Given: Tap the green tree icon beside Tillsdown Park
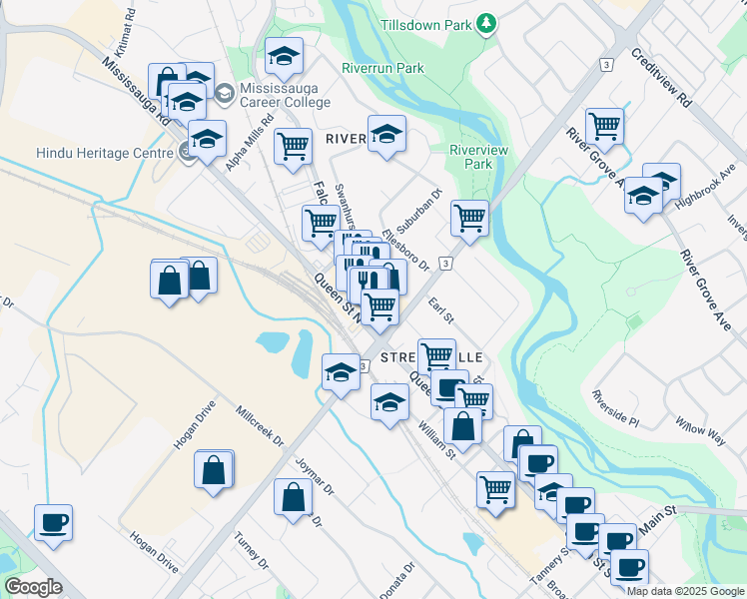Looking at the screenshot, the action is [486, 22].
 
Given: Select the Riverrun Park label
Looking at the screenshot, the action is [382, 68].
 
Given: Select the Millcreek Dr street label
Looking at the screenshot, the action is [260, 426].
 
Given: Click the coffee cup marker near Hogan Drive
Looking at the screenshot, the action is [53, 521].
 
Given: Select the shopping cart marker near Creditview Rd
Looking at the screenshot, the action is [604, 126].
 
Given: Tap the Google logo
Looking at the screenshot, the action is [33, 587].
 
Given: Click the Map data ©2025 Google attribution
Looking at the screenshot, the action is [684, 591].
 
